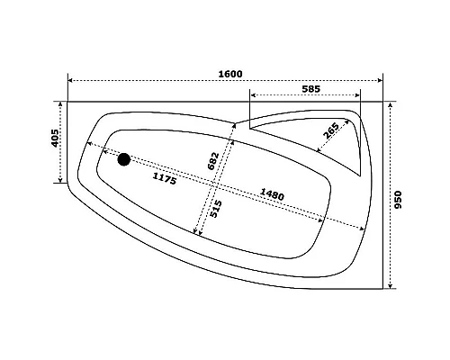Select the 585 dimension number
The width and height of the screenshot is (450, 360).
(x=311, y=89)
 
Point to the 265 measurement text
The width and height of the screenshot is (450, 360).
(x=330, y=132)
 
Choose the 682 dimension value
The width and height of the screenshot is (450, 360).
(x=213, y=160)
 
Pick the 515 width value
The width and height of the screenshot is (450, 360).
(x=216, y=209)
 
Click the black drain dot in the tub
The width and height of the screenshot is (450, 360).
(x=123, y=160)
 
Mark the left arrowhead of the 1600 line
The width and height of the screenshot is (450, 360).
(x=71, y=81)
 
